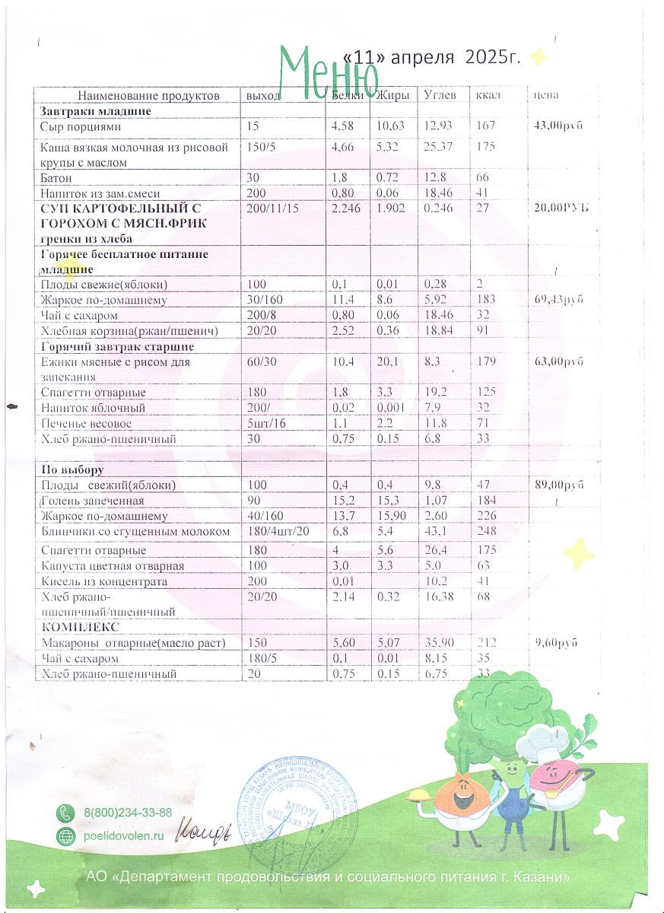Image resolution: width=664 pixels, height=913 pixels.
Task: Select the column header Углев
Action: coord(440,96)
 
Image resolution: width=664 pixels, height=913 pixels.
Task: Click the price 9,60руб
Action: coord(555,644)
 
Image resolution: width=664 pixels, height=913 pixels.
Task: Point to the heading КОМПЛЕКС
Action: coord(78,628)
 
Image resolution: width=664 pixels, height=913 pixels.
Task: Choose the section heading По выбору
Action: coord(72,470)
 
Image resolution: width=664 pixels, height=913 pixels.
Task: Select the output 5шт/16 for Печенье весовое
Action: coord(265,423)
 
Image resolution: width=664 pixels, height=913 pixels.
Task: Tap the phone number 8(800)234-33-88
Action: coord(128,813)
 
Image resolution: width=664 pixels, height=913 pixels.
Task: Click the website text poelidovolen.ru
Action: coord(124,835)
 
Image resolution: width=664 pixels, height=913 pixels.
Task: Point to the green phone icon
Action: coord(67,813)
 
